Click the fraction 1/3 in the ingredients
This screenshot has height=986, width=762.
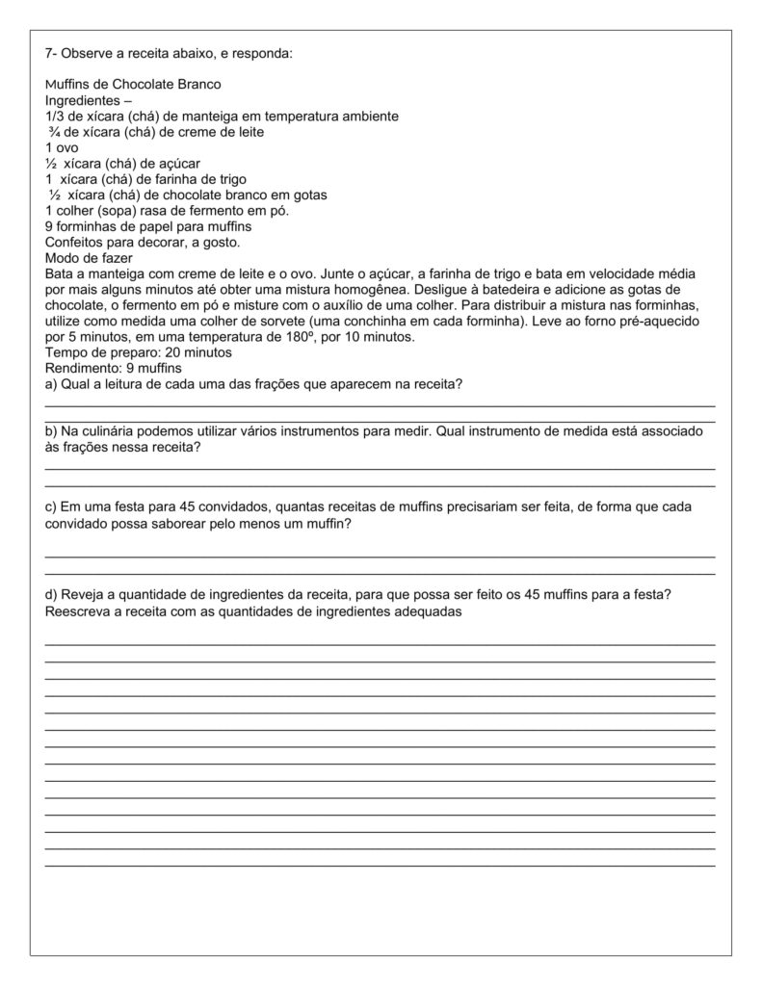(55, 117)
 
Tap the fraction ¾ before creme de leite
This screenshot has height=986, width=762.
(54, 132)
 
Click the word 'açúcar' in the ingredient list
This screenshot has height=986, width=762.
(179, 164)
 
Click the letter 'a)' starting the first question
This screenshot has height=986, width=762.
(52, 385)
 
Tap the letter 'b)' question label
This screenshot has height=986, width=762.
(52, 431)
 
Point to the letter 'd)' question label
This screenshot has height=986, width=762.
(52, 594)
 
